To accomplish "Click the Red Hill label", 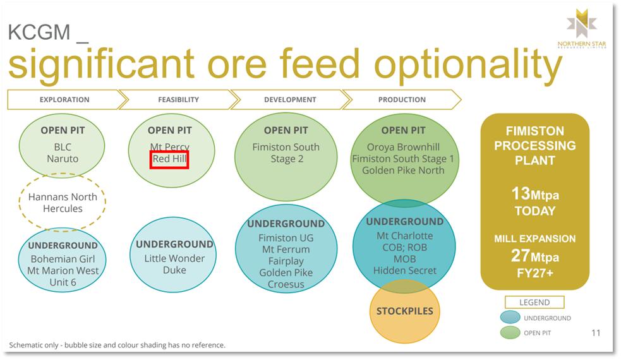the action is (x=169, y=159).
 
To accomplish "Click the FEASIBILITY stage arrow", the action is (x=179, y=99).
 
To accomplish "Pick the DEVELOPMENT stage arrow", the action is (x=291, y=99).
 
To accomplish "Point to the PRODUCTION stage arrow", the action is (x=402, y=99).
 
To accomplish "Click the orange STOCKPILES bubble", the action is (x=405, y=311).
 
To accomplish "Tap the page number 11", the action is (x=596, y=333).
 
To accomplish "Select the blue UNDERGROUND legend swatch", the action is (x=510, y=317).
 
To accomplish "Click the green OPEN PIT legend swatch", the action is (x=510, y=333).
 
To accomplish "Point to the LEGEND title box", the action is (x=534, y=302).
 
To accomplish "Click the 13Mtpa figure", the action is (x=535, y=194).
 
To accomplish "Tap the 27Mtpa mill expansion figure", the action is (x=535, y=256).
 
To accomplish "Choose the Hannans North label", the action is (x=63, y=197).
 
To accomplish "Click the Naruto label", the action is (x=63, y=159).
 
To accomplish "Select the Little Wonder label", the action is (x=174, y=258).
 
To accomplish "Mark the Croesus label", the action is (x=286, y=284).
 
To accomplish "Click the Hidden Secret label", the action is (x=405, y=270).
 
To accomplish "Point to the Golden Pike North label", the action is (x=403, y=171).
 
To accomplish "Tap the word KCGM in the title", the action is (x=39, y=32).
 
